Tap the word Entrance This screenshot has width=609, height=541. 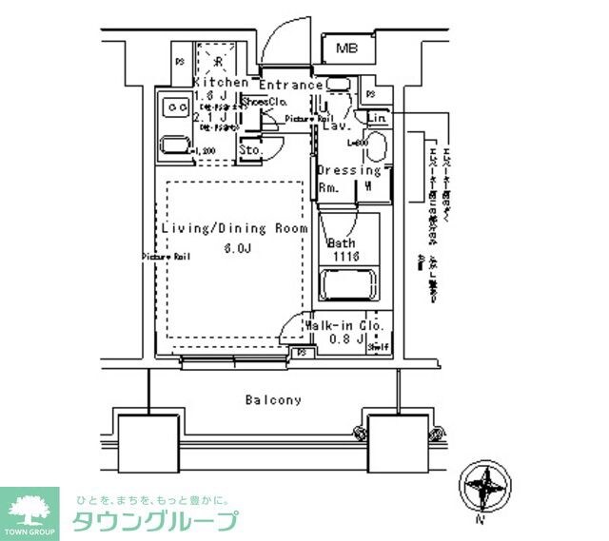(290, 85)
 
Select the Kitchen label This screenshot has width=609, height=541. (221, 83)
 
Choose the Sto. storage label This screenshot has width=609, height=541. (250, 149)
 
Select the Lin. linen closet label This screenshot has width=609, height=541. (377, 118)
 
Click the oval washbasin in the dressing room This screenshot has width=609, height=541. (374, 148)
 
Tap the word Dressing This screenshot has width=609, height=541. (348, 171)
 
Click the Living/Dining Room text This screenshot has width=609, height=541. (234, 229)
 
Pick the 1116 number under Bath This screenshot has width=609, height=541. (344, 257)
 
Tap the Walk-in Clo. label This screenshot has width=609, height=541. (344, 326)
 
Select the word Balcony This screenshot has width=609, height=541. (272, 400)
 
